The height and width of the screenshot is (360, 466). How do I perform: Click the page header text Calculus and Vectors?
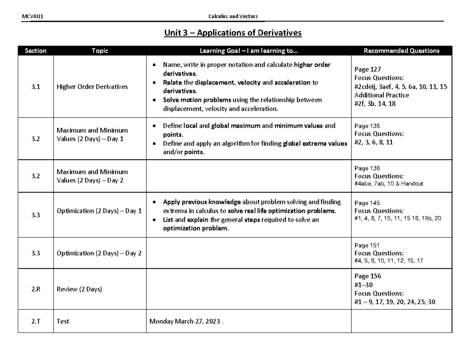(233, 16)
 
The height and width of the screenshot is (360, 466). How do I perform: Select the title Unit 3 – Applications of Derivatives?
(233, 33)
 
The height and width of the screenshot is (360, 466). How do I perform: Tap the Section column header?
(35, 50)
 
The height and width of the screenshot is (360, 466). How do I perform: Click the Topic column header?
(99, 50)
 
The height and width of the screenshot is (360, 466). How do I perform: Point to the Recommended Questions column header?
(402, 50)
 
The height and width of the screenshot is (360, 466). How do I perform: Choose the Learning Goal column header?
(249, 50)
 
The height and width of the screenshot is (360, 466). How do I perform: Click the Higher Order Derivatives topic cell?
(92, 87)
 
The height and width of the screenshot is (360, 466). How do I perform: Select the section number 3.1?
(35, 87)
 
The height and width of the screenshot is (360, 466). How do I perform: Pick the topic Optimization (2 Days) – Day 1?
(99, 211)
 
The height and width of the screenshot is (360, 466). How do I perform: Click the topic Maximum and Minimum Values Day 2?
(92, 176)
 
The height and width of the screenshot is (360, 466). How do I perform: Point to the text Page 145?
(367, 203)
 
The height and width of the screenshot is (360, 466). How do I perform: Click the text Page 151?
(367, 245)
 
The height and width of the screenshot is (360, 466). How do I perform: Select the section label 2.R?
(35, 289)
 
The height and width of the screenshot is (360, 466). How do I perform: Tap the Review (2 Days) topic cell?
(79, 289)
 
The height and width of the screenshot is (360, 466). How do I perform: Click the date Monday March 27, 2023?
(185, 321)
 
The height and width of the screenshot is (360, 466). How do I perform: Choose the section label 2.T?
(35, 321)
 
